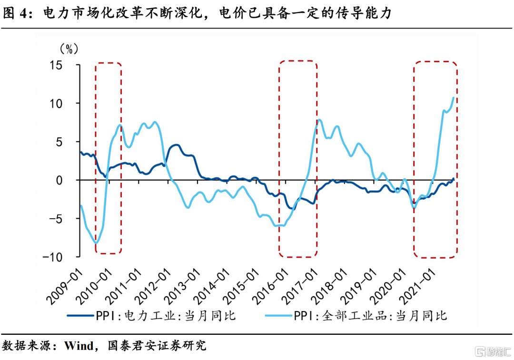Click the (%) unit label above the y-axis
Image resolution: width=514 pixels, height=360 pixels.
point(69,49)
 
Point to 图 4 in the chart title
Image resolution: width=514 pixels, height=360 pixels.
point(17,13)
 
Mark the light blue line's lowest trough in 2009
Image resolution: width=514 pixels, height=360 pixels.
point(97,243)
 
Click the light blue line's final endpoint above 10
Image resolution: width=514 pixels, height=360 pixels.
point(454,97)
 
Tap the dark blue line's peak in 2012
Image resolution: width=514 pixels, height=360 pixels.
point(176,145)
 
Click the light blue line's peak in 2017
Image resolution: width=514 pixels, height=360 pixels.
point(319,120)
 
